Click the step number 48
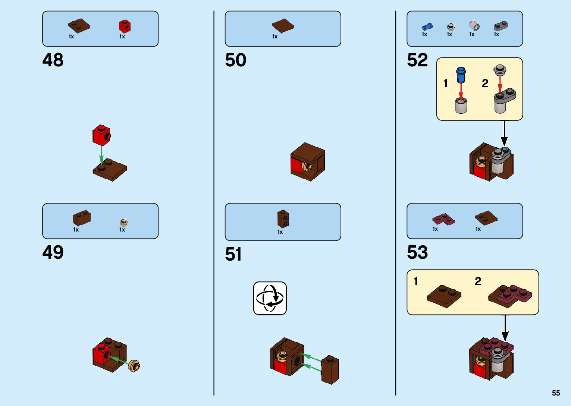tap(53, 60)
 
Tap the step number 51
tap(233, 255)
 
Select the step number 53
tap(417, 252)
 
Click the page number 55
tap(556, 393)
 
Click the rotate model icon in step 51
tap(270, 298)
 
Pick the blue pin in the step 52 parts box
tap(427, 26)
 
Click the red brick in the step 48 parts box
tap(125, 26)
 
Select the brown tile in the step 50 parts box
tap(283, 26)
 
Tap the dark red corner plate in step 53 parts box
tap(443, 219)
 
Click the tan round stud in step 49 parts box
tap(123, 223)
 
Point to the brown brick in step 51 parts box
tap(283, 219)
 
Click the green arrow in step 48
tap(101, 155)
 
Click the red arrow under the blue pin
tap(461, 92)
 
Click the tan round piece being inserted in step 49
tap(134, 366)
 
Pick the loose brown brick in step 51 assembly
tap(330, 370)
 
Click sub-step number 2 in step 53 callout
tap(478, 281)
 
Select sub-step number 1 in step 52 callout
tap(445, 83)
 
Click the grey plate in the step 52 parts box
tap(501, 26)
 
